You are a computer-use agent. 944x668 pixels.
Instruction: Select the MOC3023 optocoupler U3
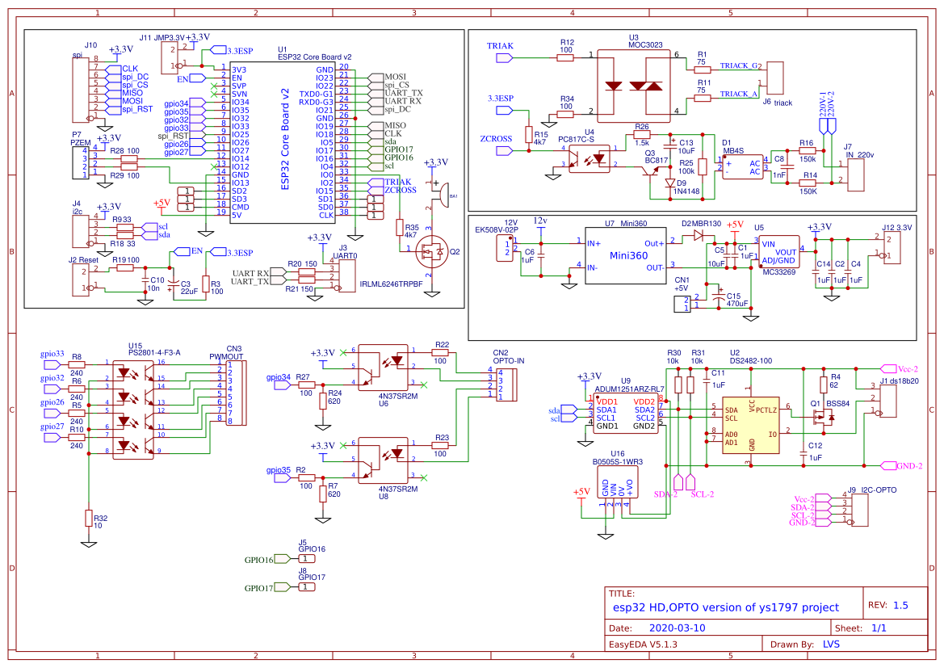tap(636, 84)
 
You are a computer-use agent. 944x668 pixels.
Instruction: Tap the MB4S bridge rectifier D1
tap(742, 166)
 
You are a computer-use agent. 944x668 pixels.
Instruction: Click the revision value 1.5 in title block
tap(900, 605)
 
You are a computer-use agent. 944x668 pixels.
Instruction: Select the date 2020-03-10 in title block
tap(677, 628)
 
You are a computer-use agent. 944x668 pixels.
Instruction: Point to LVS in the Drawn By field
tap(831, 645)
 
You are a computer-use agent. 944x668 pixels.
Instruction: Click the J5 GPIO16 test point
tap(306, 559)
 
